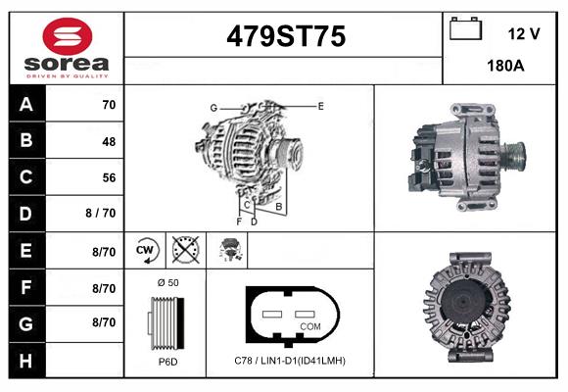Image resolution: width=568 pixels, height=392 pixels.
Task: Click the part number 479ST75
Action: point(286,37)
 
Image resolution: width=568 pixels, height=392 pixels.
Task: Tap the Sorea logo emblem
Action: point(66,38)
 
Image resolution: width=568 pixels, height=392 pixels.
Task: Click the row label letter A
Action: point(24,104)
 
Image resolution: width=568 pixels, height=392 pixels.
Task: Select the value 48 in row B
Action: point(108,141)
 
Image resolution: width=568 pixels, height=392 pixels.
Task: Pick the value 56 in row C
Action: point(108,177)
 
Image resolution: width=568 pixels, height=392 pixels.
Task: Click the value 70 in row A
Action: point(108,104)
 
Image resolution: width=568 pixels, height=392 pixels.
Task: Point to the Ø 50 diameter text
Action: point(166,282)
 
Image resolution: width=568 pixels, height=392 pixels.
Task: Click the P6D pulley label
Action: point(166,362)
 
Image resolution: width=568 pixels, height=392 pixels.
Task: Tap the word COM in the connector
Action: point(310,325)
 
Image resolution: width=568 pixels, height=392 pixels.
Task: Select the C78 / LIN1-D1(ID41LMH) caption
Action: point(290,361)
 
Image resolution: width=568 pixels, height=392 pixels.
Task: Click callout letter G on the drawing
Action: point(213,107)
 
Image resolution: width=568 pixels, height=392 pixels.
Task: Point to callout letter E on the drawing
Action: point(320,105)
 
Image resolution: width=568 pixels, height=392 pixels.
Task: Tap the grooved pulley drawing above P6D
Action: point(165,321)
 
